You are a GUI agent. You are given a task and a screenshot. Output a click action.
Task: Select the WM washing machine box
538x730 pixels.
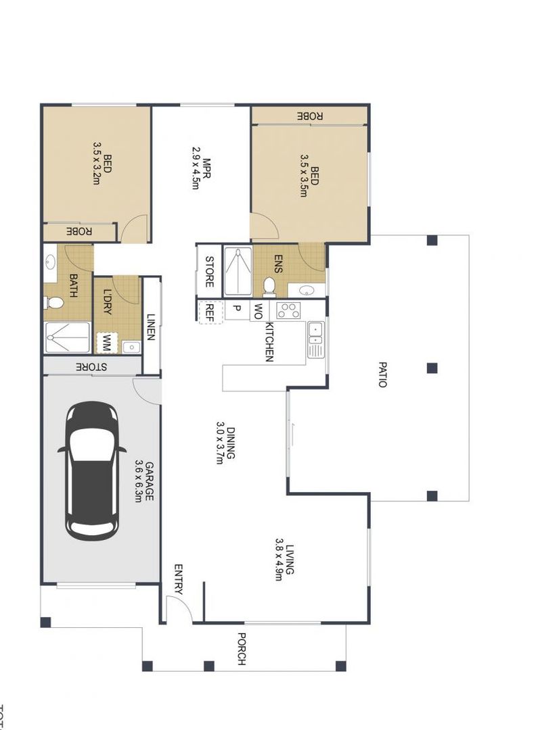106,343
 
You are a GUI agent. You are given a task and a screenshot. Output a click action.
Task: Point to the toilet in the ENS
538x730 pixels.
269,286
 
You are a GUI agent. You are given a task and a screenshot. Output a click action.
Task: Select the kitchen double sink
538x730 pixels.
315,339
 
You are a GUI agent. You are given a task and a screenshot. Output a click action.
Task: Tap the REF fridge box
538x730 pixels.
210,312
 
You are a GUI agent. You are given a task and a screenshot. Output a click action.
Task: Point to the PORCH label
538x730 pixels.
241,648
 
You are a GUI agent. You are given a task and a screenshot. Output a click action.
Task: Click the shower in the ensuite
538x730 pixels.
237,272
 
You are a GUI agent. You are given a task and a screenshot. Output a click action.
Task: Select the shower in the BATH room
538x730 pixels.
67,337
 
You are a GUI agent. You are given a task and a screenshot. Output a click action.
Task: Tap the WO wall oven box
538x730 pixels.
258,312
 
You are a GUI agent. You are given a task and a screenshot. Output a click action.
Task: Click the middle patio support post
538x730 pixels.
432,368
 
